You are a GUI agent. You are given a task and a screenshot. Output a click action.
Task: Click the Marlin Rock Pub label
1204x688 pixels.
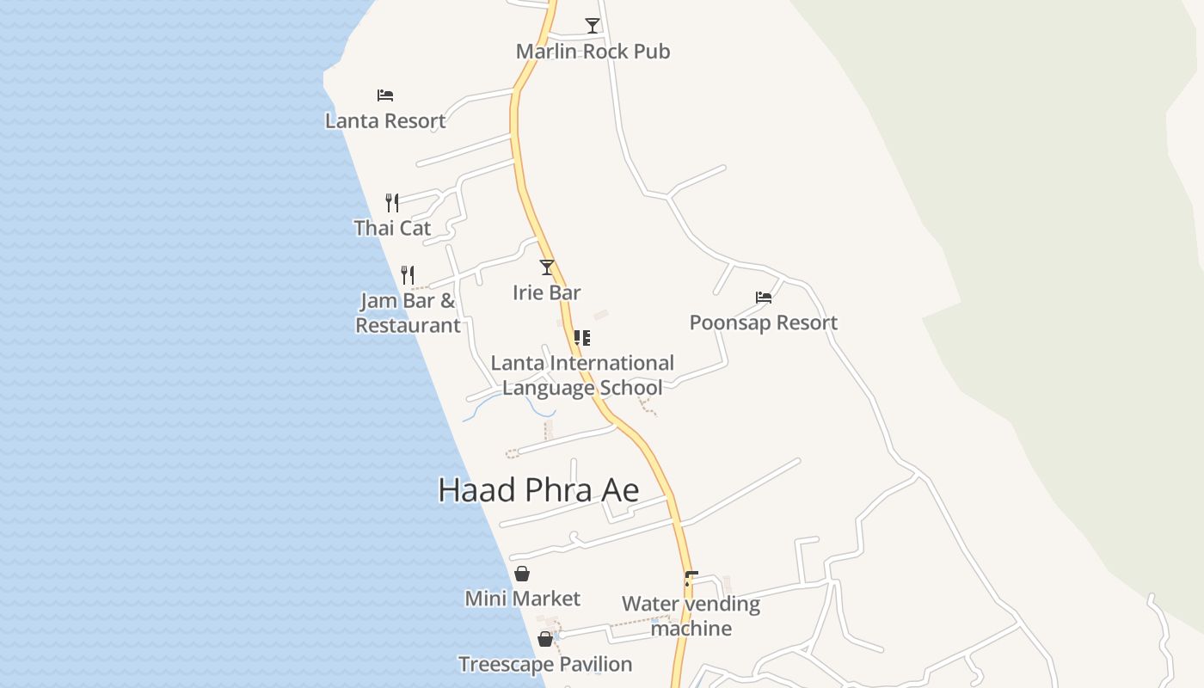point(593,52)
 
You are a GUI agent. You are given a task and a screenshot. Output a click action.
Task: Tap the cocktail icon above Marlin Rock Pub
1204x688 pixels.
point(592,25)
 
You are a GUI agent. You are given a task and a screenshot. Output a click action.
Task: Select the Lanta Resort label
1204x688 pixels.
point(385,121)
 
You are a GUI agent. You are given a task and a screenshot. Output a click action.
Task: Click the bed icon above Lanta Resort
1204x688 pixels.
point(385,95)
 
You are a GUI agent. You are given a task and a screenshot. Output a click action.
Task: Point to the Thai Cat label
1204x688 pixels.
point(392,228)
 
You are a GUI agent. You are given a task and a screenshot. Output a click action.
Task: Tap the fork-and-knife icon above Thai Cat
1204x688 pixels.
point(392,202)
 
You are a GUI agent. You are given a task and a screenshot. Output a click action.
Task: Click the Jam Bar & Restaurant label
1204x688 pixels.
point(408,313)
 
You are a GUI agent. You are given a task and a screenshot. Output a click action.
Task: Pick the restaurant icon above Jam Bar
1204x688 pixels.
point(408,275)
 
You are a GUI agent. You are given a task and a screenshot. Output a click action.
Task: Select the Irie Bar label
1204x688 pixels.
point(547,292)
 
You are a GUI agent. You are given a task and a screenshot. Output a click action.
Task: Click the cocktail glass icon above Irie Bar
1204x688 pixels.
point(547,267)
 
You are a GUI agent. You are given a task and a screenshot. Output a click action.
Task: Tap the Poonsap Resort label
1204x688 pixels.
point(764,322)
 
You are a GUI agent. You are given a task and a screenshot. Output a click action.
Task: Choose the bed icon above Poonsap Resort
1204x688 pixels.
point(764,298)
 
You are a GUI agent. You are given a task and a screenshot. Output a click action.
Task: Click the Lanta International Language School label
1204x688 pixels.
point(582,375)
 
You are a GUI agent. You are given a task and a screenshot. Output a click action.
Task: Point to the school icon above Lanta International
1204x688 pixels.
point(582,337)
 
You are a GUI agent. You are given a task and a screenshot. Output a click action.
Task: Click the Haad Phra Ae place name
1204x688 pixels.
point(538,490)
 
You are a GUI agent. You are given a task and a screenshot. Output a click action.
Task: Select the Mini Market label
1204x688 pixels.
point(522,599)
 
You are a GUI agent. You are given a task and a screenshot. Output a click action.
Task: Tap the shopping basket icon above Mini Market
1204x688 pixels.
point(522,574)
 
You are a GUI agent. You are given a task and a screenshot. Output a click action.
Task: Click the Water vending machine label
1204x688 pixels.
point(691,616)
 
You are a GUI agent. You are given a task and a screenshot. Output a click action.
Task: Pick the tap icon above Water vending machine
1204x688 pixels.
point(691,579)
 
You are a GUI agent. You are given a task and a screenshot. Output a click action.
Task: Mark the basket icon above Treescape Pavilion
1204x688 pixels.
point(545,639)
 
